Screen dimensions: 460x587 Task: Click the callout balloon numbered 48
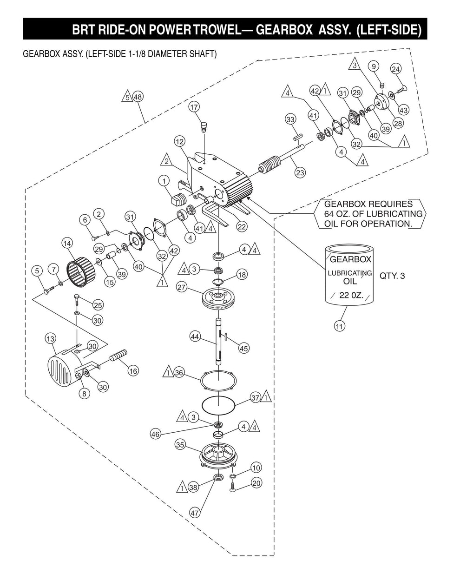138,97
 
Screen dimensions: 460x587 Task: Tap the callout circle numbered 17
194,107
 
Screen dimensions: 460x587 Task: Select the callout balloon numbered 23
300,172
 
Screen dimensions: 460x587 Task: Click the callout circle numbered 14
67,244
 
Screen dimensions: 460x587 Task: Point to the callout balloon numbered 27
181,287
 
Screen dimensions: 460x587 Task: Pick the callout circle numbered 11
339,326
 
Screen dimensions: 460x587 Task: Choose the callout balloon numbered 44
195,337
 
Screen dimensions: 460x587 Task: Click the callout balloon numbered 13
51,339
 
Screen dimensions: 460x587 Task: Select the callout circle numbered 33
290,119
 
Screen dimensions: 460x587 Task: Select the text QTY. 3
392,276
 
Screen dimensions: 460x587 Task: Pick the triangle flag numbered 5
127,97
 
